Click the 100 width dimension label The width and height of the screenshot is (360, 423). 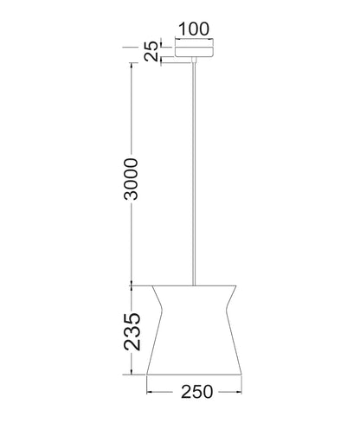[194, 29]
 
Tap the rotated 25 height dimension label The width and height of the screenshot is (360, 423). [151, 51]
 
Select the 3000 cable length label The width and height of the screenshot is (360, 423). [131, 179]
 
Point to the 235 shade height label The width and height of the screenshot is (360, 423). [132, 331]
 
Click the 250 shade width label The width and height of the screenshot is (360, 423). [196, 392]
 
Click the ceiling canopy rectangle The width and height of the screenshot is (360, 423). [194, 48]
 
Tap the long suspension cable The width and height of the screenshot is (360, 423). [194, 174]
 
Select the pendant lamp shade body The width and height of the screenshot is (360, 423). [194, 330]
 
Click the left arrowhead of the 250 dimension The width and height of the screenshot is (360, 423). [149, 392]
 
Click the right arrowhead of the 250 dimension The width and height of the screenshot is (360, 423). [240, 392]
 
